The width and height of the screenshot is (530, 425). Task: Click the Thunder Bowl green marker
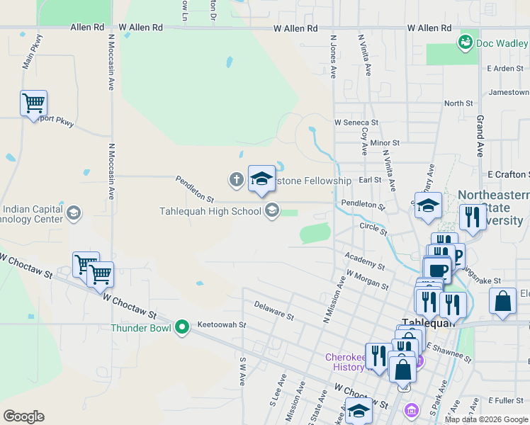tap(182, 327)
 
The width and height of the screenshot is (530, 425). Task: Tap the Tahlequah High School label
tap(210, 210)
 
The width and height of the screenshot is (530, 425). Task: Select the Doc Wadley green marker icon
tap(466, 42)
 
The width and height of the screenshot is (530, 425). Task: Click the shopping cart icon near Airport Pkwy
tap(33, 103)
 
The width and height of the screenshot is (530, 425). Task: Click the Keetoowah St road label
tap(221, 325)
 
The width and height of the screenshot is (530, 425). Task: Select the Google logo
tap(23, 416)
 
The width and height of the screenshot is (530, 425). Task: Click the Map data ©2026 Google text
tap(486, 419)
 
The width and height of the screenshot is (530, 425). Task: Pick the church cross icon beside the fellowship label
tap(236, 179)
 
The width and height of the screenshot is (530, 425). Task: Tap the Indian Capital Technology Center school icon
tap(73, 212)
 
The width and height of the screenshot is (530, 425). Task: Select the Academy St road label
tap(364, 261)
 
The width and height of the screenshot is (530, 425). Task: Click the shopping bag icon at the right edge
tap(502, 300)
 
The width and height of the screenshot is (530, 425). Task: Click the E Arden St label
tap(504, 69)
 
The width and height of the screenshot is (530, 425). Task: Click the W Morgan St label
tap(367, 280)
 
